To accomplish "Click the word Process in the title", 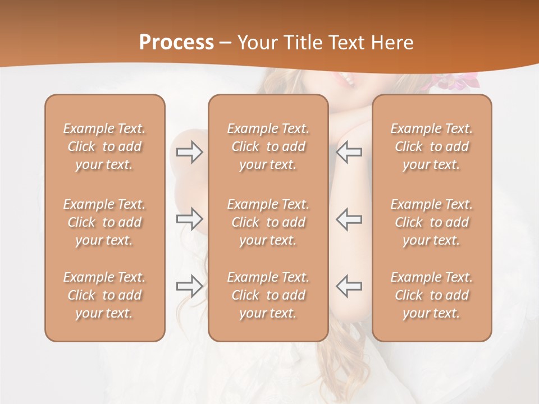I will [x=176, y=43].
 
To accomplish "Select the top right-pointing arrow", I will [x=189, y=152].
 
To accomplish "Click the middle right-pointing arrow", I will [x=189, y=218].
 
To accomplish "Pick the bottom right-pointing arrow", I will [x=189, y=286].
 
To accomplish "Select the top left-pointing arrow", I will [x=349, y=152].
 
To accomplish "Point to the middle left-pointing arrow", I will [x=349, y=218].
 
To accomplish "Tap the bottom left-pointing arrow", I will [x=349, y=286].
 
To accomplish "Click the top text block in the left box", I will [x=104, y=146].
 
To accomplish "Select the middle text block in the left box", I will [x=104, y=222].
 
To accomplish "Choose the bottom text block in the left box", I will [x=104, y=295].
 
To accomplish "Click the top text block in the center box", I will [x=268, y=146].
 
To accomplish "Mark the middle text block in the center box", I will [x=268, y=222].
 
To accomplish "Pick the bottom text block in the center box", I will [x=268, y=295].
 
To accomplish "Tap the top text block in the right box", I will [x=432, y=146].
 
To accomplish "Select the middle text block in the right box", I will [x=432, y=222].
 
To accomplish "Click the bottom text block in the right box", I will [x=432, y=295].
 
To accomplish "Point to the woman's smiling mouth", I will [x=345, y=80].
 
